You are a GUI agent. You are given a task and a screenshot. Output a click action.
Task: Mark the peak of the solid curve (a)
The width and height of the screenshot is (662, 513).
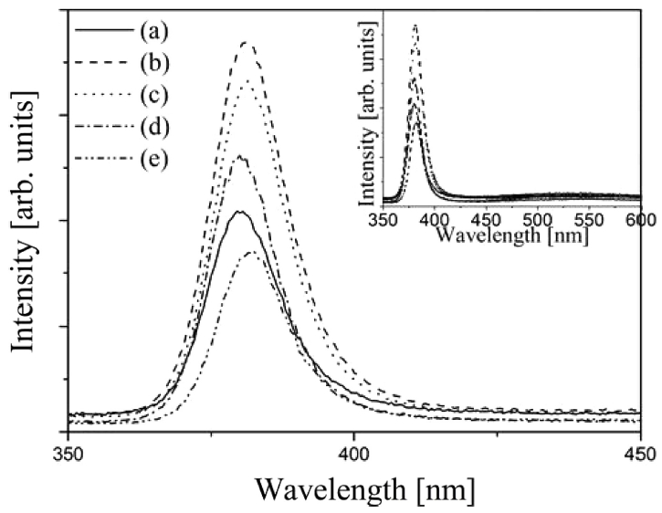point(240,212)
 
